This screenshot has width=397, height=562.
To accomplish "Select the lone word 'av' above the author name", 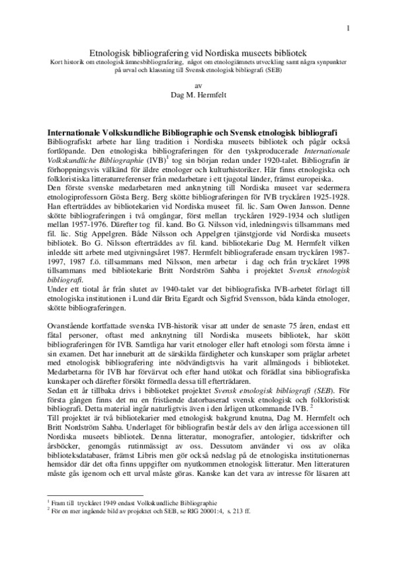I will point(198,85).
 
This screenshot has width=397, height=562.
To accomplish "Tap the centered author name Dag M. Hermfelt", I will point(198,94).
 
